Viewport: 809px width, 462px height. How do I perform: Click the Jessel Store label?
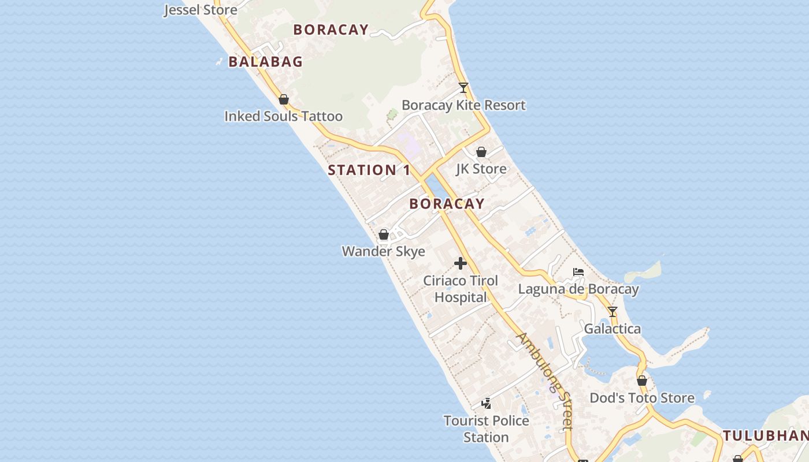(201, 10)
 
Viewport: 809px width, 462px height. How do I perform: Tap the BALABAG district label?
(266, 62)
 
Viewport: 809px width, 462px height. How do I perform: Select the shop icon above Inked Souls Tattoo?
(284, 99)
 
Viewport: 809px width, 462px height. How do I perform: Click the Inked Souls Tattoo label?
(283, 116)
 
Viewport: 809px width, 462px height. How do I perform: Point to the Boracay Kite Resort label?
(463, 105)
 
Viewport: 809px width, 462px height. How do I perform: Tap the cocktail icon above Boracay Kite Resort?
(463, 88)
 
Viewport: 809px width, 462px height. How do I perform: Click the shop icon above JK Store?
(481, 152)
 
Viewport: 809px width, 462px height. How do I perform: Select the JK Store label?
(481, 169)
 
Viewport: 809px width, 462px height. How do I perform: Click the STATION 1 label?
(369, 170)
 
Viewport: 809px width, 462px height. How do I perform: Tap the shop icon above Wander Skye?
(384, 234)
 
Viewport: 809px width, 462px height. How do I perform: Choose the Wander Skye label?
(384, 251)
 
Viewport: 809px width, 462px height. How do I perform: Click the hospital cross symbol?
(461, 263)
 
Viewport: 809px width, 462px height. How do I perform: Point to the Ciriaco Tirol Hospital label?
(461, 289)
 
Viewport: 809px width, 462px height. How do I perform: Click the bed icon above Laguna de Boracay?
(578, 272)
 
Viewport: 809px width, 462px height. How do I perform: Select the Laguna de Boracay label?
(578, 289)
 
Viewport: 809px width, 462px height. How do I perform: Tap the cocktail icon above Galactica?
(613, 312)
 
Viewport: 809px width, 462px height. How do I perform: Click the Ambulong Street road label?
(545, 381)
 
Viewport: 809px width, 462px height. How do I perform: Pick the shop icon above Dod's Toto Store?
(642, 381)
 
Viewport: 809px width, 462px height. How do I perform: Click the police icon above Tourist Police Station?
(487, 403)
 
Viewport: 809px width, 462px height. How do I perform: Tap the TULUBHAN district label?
(766, 436)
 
